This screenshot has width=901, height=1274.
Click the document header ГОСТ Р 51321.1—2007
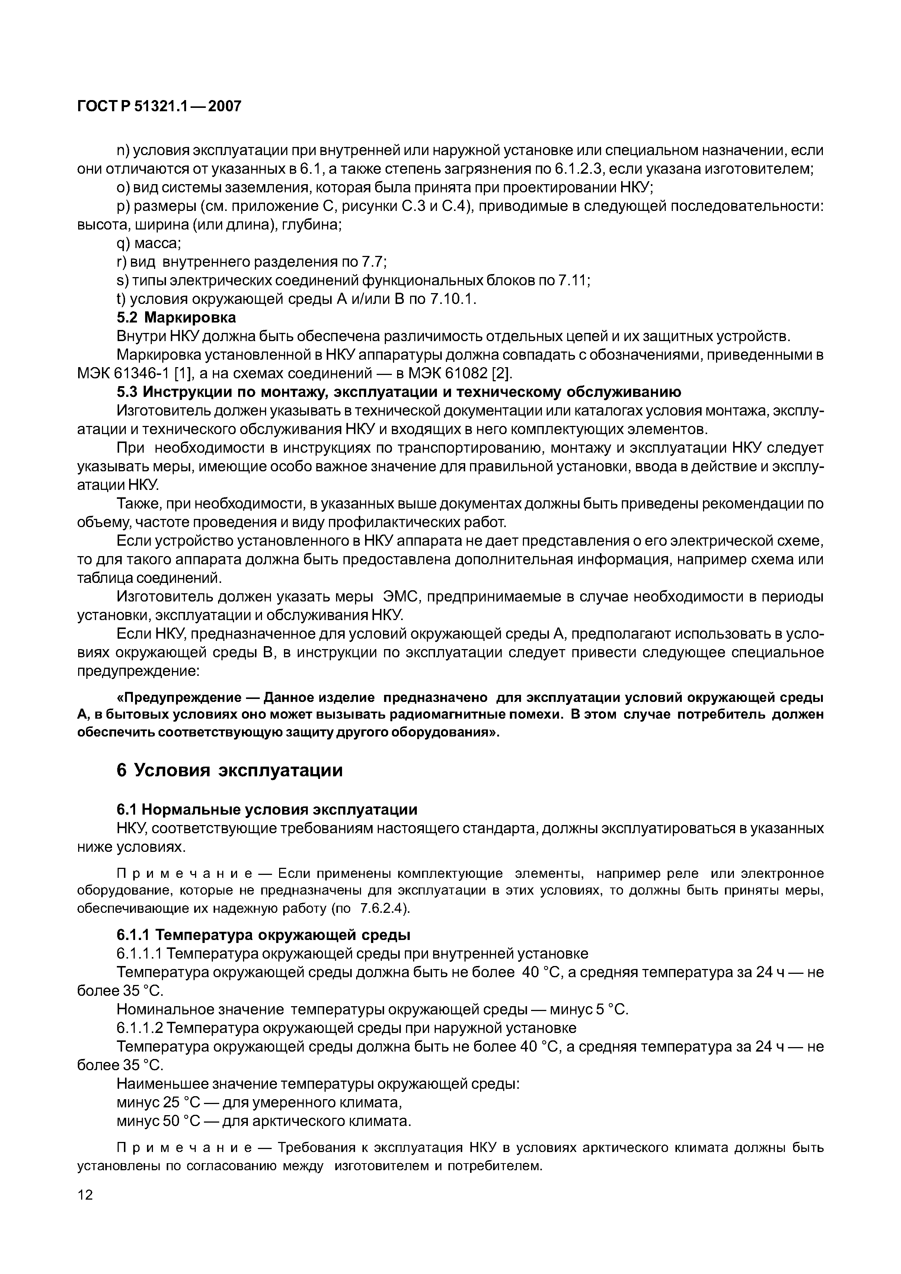pos(159,106)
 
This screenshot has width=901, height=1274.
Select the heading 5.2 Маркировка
pos(176,317)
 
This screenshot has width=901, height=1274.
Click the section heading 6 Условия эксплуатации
pos(229,770)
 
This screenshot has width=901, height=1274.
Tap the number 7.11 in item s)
pos(573,281)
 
